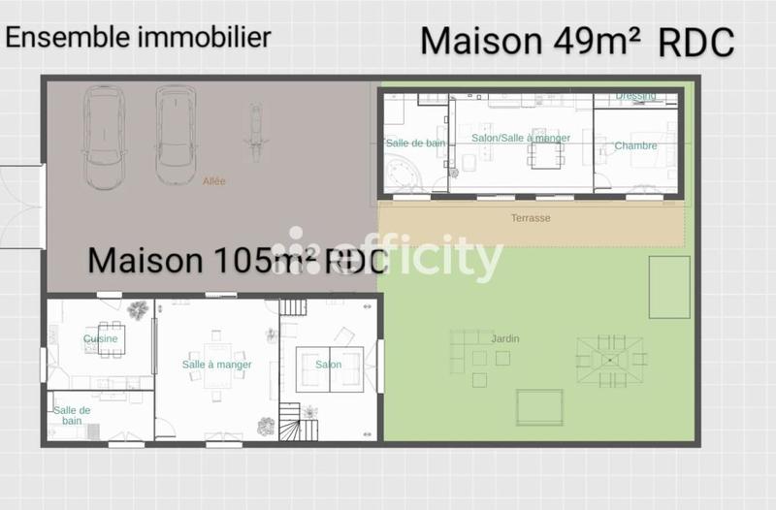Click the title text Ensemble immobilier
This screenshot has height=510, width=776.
(x=139, y=38)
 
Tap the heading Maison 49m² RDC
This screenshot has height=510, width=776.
(x=576, y=42)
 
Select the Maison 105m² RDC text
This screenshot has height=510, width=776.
(x=238, y=261)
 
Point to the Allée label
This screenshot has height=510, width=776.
(x=213, y=180)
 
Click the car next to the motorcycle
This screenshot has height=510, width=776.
(x=176, y=135)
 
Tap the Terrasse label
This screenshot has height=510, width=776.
(x=531, y=218)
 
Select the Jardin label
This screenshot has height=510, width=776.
(x=504, y=338)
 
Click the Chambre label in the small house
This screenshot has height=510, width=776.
(x=635, y=146)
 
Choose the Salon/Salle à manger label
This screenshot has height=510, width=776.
(x=521, y=139)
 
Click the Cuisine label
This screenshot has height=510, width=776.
(x=100, y=339)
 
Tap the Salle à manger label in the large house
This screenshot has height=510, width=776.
(x=216, y=365)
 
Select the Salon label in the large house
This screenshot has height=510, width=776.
(x=328, y=365)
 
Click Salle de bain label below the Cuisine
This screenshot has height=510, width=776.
(x=72, y=415)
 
